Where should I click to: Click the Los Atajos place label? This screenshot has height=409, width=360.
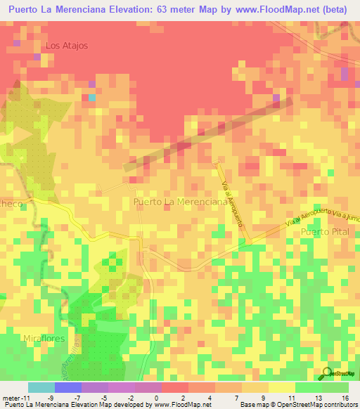66,46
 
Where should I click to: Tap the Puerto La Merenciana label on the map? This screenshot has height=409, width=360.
180,202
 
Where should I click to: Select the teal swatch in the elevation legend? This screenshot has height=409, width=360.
41,387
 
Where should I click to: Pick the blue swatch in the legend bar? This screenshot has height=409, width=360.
67,387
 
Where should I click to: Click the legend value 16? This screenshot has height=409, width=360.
345,397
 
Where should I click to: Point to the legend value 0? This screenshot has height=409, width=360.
155,397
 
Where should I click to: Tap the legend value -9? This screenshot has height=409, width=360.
51,397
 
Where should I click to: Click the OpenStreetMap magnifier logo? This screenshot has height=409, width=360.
326,374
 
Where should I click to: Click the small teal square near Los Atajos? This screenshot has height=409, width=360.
91,98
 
